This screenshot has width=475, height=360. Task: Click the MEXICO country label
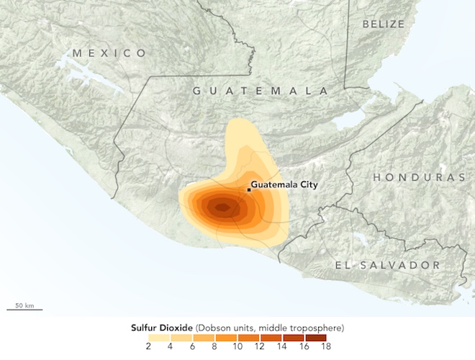point(109,53)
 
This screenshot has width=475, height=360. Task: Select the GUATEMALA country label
point(260,91)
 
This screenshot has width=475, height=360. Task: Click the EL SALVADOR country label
point(387,266)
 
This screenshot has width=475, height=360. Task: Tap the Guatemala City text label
point(284,185)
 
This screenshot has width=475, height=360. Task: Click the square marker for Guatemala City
point(249,189)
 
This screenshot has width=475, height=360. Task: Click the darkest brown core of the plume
point(222,208)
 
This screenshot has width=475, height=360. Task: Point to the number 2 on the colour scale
point(148,347)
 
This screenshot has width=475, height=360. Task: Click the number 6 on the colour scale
point(191,347)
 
